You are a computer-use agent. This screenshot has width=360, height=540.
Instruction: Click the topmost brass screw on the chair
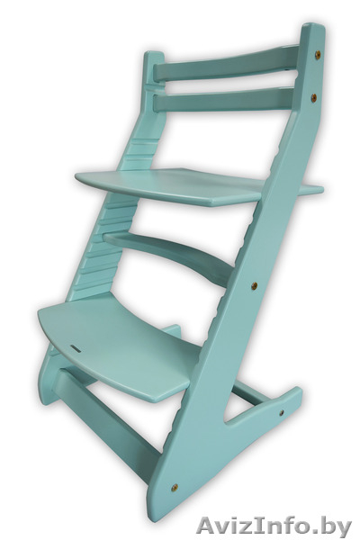[318, 54]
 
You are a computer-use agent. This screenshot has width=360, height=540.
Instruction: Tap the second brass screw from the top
[314, 98]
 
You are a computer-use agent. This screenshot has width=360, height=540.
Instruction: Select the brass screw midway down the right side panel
[254, 285]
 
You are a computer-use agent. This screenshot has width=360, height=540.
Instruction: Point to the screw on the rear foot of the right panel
[282, 412]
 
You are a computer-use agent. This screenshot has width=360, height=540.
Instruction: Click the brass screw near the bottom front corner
[175, 487]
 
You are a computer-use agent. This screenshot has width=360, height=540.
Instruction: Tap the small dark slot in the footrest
[76, 349]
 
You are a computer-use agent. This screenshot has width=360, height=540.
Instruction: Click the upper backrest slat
[226, 65]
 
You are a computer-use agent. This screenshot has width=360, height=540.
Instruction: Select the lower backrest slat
[224, 99]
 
